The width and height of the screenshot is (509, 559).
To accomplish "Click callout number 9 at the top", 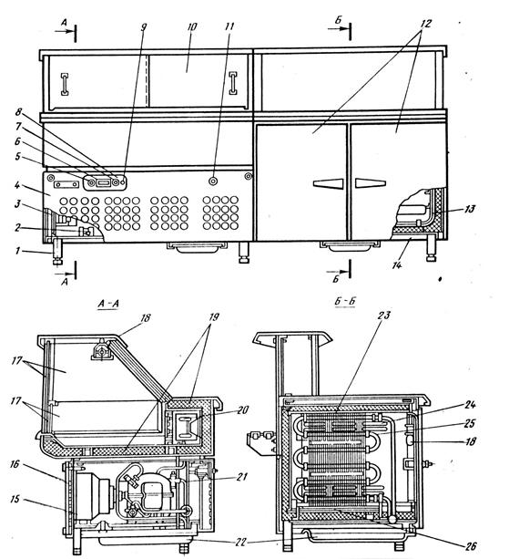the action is coord(144,27).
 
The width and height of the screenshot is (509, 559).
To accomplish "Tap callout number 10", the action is coord(191,27).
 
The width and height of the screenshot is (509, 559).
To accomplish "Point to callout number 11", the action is coord(229,26).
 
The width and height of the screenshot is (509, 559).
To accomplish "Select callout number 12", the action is coord(426,24).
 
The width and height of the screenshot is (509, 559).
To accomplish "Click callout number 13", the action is coord(470,209).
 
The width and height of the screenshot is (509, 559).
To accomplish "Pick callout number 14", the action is coord(397,264).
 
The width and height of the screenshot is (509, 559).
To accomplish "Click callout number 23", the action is coord(384,316).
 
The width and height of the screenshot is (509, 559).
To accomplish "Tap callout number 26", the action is coord(471,546).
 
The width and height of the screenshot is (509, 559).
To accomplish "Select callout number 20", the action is coord(242,410).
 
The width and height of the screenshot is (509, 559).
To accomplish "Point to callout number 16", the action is coord(15,464).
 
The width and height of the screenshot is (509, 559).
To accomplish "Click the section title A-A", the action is coord(108,304).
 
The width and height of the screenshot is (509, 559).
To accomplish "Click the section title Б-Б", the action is coord(345,302).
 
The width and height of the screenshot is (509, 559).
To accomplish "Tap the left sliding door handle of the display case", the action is coord(65,85).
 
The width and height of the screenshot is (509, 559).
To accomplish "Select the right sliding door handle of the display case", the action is coord(233,83).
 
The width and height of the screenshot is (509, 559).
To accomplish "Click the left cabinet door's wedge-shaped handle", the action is coord(328,183).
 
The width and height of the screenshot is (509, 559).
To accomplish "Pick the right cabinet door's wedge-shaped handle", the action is coord(371,183).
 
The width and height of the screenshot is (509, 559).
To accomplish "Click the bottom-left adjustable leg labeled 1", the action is coord(57,253).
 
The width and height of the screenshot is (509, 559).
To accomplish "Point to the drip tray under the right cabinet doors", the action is coord(349,245).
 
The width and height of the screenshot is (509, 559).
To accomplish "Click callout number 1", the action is coord(17,252).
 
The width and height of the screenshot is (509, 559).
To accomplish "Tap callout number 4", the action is coord(16,185).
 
